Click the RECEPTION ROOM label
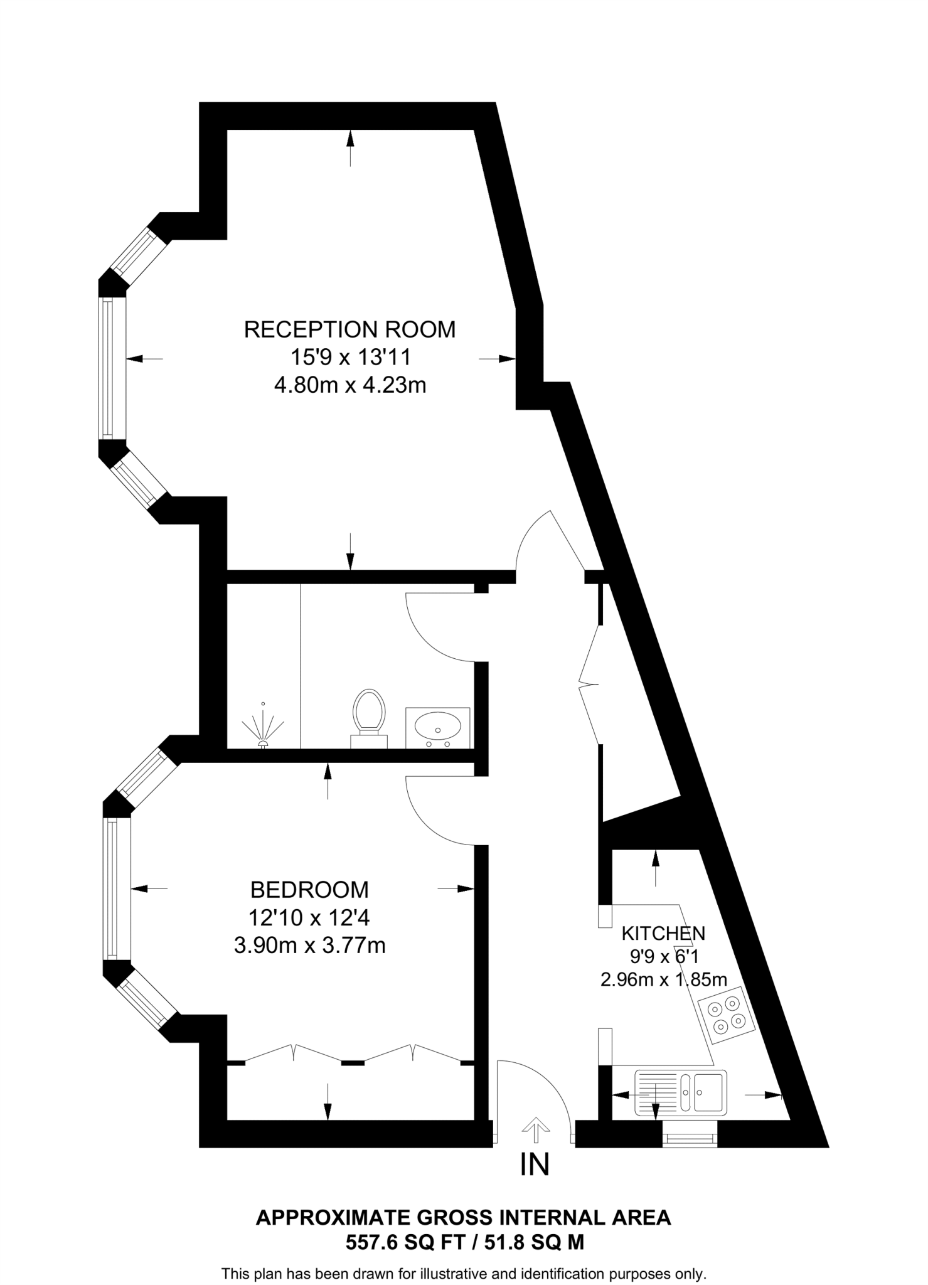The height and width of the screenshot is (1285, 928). pos(349,329)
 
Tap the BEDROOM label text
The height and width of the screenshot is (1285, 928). pos(309,889)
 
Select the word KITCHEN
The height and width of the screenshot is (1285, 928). pos(663,933)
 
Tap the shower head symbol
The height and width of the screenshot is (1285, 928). pos(264,731)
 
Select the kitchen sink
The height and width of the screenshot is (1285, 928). pos(680,1092)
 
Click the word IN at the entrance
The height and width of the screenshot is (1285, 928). pos(535,1165)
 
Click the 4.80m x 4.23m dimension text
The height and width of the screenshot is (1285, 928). pos(349,385)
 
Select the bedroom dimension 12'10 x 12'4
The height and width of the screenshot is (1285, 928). pos(309,918)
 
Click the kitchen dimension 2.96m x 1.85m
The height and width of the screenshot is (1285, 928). pos(664,979)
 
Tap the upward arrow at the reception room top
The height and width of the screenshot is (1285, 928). pos(350,147)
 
